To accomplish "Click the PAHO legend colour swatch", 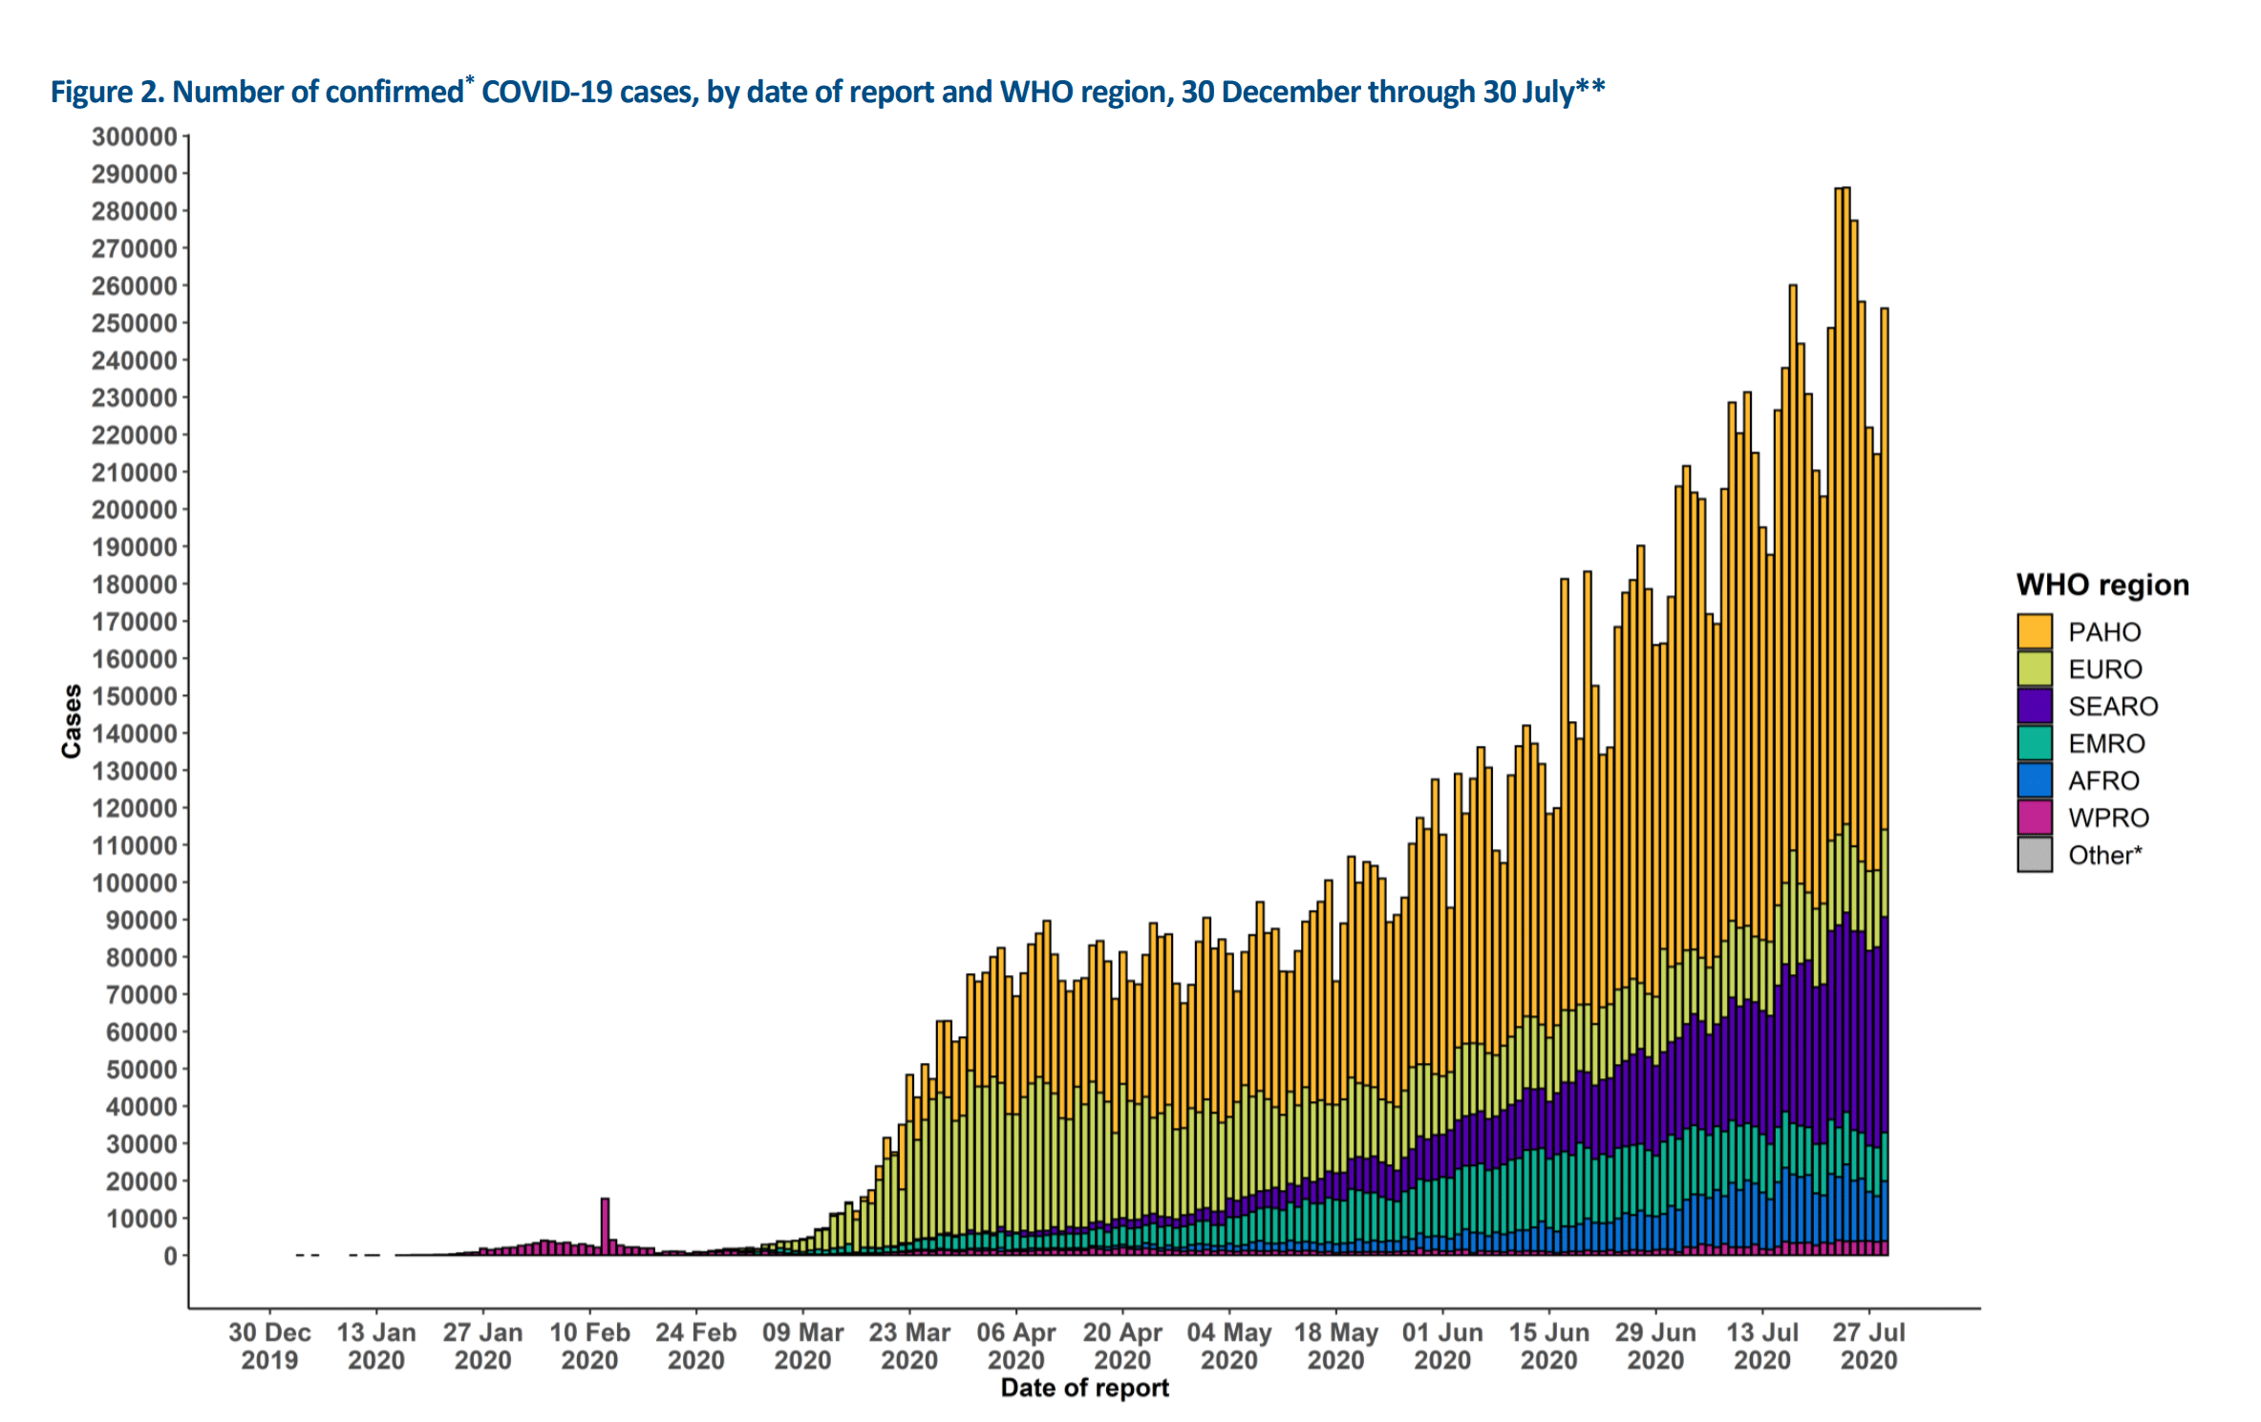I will coord(2034,631).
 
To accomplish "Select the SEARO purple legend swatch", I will coord(2034,706).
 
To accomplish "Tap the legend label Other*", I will coord(2104,855).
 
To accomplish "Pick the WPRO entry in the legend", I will coord(2108,817).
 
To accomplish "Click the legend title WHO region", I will coord(2101,584).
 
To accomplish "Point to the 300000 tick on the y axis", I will coord(135,137).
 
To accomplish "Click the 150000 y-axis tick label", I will coord(135,696).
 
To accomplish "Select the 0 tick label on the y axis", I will coord(170,1256).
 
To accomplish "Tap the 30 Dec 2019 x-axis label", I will coord(269,1346).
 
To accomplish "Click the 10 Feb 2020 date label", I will coord(589,1346).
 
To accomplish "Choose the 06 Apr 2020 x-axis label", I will coord(1015,1346).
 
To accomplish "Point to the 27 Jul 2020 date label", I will coord(1868,1346).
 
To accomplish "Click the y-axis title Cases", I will coord(72,721).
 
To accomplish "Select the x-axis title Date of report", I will coord(1084,1388).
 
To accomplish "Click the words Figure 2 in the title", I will coord(104,92).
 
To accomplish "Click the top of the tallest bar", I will coord(1845,189).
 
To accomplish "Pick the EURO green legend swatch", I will coord(2034,669).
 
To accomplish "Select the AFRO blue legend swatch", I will coord(2034,780).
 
